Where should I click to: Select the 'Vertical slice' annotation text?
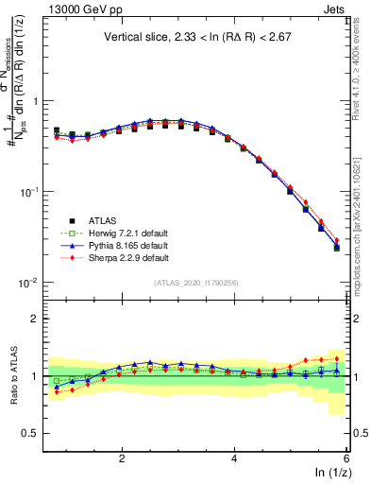coord(196,37)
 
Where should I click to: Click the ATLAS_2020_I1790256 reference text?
coord(195,283)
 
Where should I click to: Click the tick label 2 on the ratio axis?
coord(35,319)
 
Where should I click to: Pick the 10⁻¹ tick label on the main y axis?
coord(28,192)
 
